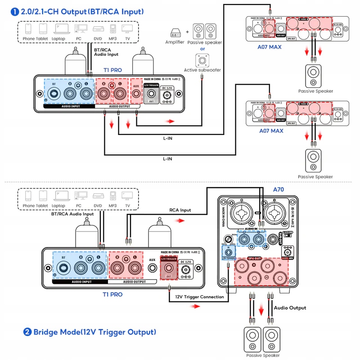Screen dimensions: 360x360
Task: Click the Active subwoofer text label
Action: point(202,70)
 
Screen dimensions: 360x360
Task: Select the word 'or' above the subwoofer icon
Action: point(202,49)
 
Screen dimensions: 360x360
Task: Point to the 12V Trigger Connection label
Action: point(200,297)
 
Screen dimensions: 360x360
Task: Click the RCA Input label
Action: point(180,210)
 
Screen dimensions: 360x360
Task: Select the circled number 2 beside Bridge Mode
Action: point(27,332)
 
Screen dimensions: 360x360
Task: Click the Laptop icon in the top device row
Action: point(58,29)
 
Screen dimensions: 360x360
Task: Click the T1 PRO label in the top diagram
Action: point(113,71)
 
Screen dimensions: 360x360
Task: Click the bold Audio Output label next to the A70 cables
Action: point(290,308)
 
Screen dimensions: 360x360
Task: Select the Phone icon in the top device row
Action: point(28,29)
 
